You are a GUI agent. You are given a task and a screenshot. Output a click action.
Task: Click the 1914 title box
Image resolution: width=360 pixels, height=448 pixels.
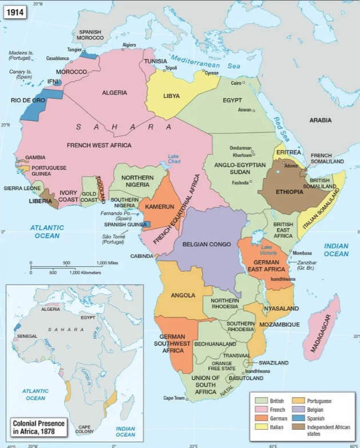15,11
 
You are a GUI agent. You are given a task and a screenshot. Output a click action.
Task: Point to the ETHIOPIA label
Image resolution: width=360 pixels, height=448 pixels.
289,191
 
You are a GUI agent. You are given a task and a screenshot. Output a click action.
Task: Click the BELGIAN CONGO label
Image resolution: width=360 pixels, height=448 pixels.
207,244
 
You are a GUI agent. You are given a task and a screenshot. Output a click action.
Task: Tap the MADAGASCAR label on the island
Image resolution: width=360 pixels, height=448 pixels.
321,333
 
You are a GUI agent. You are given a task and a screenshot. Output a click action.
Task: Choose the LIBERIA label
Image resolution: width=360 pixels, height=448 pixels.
41,201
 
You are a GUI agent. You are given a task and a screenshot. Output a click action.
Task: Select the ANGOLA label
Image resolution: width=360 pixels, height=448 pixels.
183,295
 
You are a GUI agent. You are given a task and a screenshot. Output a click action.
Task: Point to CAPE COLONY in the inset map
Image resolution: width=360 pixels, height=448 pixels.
84,429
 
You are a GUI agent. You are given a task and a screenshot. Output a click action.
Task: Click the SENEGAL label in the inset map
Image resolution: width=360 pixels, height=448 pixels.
27,336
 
